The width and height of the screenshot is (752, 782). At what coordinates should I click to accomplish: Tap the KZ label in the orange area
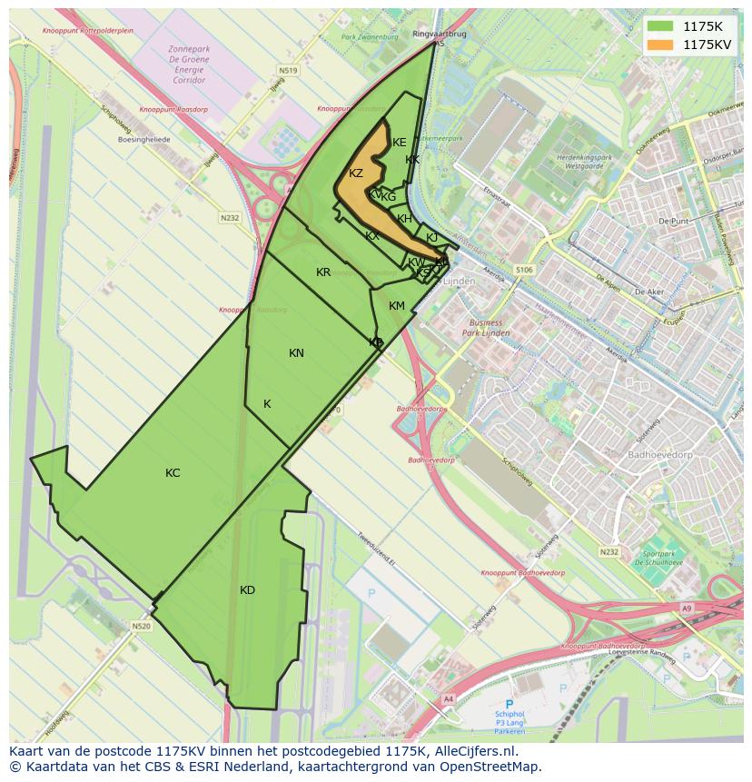356,173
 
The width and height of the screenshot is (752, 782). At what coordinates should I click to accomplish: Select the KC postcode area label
173,473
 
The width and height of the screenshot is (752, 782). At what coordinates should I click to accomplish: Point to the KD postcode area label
247,590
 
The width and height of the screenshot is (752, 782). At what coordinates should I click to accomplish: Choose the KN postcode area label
296,353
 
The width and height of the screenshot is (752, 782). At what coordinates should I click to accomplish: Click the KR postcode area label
323,272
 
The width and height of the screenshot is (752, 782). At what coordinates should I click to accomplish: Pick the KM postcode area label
397,306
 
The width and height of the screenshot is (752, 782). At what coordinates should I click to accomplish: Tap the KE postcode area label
400,143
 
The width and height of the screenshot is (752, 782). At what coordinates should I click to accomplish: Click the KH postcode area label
405,219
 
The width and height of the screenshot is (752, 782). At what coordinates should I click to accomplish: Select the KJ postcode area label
432,238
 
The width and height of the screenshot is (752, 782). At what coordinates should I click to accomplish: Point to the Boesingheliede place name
144,141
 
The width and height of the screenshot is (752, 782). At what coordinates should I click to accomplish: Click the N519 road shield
289,70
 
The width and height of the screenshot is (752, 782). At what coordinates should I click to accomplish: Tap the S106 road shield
523,270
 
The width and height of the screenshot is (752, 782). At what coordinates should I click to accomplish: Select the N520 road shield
140,626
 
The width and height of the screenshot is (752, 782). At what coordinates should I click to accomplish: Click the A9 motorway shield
686,609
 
